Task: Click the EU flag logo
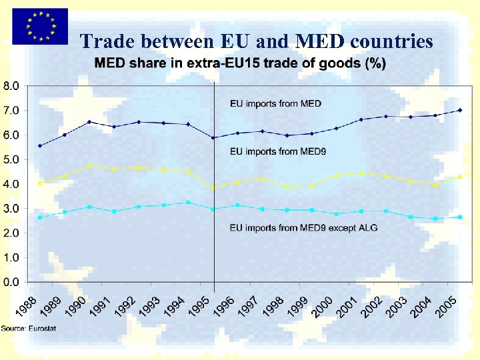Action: pos(38,26)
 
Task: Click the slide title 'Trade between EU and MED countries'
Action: pos(257,41)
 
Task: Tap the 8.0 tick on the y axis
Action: pos(12,86)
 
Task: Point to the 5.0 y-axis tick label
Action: pos(12,159)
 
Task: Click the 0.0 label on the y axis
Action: pos(12,282)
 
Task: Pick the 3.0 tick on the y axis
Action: pos(12,209)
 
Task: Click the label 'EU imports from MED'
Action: pos(275,103)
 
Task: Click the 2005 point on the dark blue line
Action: pos(460,110)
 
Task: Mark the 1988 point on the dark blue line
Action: pos(40,145)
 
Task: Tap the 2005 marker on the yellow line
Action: pos(460,177)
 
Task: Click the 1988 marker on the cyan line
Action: pos(40,217)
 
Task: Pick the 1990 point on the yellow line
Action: pos(89,165)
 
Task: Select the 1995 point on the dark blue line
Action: pos(213,137)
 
